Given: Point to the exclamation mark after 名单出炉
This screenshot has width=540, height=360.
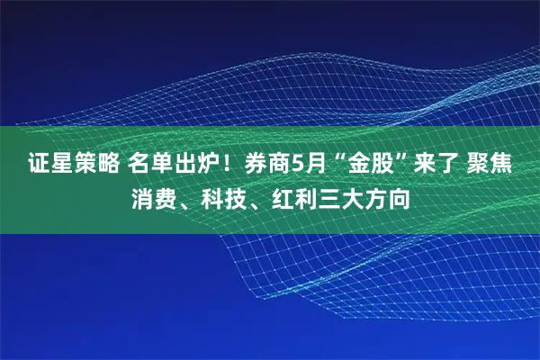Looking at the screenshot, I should point(228,164).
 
